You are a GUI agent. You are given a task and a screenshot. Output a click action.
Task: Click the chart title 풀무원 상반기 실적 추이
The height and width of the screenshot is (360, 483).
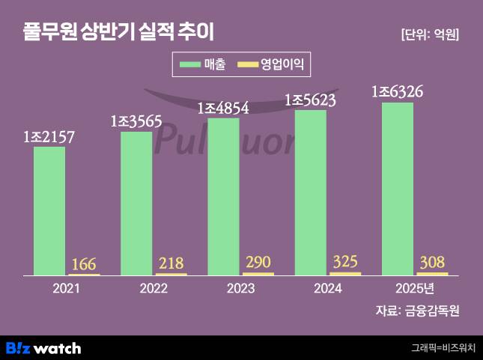pyautogui.click(x=118, y=33)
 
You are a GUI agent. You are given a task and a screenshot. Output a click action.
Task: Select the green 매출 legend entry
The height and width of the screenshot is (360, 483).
pyautogui.click(x=203, y=65)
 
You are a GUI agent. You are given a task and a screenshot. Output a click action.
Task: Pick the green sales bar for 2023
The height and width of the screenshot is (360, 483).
pyautogui.click(x=223, y=196)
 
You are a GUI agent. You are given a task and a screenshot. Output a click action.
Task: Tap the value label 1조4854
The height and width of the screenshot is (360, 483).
pyautogui.click(x=223, y=108)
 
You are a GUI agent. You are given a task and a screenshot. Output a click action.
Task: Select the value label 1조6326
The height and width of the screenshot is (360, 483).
pyautogui.click(x=398, y=91)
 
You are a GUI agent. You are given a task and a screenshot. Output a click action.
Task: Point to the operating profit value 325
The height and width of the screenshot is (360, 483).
pyautogui.click(x=344, y=262)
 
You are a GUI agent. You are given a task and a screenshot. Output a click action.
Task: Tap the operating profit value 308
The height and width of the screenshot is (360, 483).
pyautogui.click(x=432, y=262)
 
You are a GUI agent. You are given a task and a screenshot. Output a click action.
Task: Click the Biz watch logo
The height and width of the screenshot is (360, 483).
pyautogui.click(x=43, y=347)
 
